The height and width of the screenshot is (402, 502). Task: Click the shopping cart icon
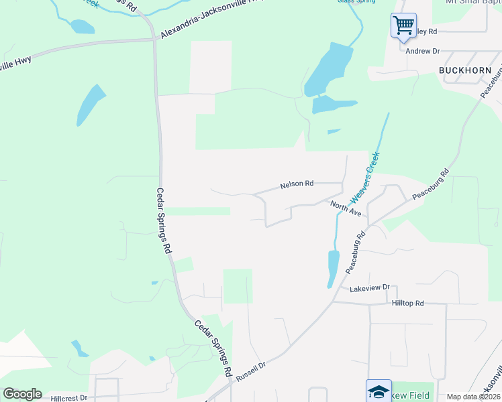[x=403, y=26]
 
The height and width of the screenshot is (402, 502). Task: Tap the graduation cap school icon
[x=379, y=391]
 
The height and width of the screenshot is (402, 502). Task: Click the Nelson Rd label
[x=297, y=184]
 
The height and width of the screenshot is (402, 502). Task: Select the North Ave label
[x=346, y=208]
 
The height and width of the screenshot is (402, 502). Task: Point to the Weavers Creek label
[x=364, y=177]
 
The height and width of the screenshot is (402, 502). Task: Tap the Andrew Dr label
[x=421, y=51]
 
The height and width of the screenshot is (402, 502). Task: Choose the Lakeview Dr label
[x=369, y=287]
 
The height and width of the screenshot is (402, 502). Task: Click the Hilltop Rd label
[x=407, y=304]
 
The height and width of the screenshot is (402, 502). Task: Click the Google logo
[x=22, y=394]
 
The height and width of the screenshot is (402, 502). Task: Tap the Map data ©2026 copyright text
[x=473, y=397]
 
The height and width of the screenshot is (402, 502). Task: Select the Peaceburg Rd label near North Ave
[x=356, y=251]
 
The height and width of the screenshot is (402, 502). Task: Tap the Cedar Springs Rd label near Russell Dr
[x=213, y=348]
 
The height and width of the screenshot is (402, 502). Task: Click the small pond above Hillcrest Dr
[x=79, y=348]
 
